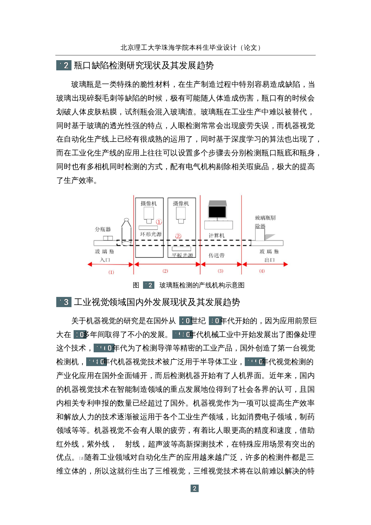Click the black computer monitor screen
pyautogui.click(x=217, y=212)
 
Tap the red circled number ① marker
pyautogui.click(x=159, y=222)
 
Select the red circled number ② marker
pyautogui.click(x=178, y=236)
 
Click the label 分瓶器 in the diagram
pyautogui.click(x=103, y=229)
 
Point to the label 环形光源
pyautogui.click(x=151, y=234)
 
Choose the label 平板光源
pyautogui.click(x=183, y=255)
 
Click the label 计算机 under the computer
pyautogui.click(x=217, y=236)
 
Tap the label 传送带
pyautogui.click(x=217, y=255)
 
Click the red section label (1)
pyautogui.click(x=111, y=272)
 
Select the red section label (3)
pyautogui.click(x=221, y=271)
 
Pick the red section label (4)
pyautogui.click(x=262, y=271)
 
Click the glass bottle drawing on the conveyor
pyautogui.click(x=127, y=232)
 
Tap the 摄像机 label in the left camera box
pyautogui.click(x=149, y=204)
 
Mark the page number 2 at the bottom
pyautogui.click(x=194, y=488)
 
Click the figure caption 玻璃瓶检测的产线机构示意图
pyautogui.click(x=202, y=285)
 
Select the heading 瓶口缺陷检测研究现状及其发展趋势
pyautogui.click(x=144, y=65)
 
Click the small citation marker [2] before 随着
pyautogui.click(x=81, y=458)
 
